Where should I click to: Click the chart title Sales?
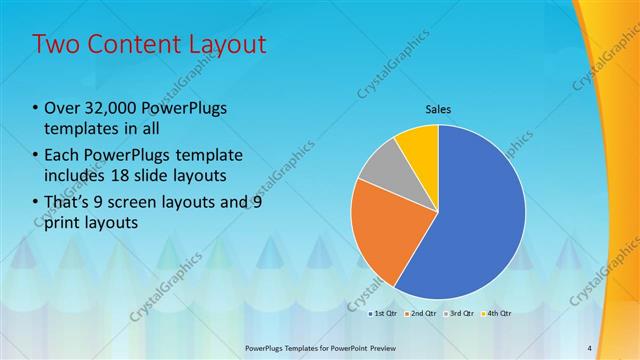point(438,109)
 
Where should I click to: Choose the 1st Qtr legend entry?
point(385,313)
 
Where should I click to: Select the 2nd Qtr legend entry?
point(421,313)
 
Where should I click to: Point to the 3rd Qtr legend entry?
point(459,313)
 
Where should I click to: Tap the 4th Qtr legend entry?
point(497,313)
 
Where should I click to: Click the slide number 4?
point(590,347)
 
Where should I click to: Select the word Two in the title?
point(55,45)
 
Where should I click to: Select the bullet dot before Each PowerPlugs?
point(36,156)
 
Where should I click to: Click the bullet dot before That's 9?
point(36,203)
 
